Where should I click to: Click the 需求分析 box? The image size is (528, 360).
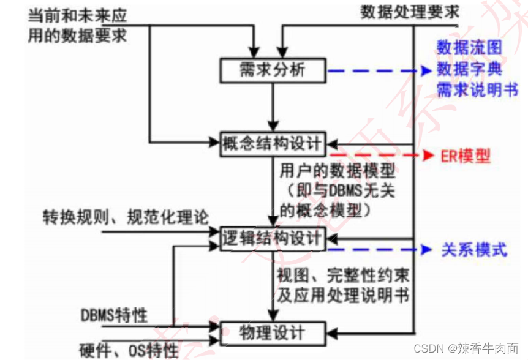click(x=272, y=71)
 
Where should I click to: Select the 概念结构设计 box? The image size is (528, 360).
click(x=272, y=144)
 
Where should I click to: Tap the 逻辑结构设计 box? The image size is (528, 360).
click(x=272, y=239)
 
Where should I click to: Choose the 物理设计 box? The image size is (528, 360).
click(x=272, y=333)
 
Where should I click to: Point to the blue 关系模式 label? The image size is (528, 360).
click(x=475, y=250)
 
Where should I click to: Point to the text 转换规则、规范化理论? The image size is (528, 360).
click(x=126, y=217)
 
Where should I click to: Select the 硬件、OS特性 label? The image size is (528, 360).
click(x=129, y=350)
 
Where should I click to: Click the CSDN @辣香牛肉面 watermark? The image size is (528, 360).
click(x=466, y=348)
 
